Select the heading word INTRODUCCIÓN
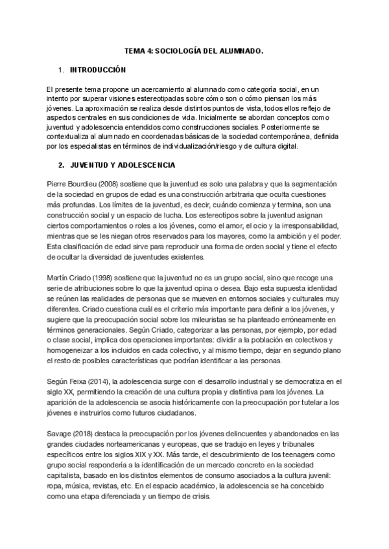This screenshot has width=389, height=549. pos(98,69)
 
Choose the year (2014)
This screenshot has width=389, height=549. pos(104,382)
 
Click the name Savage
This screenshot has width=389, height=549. pos(60,434)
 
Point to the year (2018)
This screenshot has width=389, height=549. pos(88,434)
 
